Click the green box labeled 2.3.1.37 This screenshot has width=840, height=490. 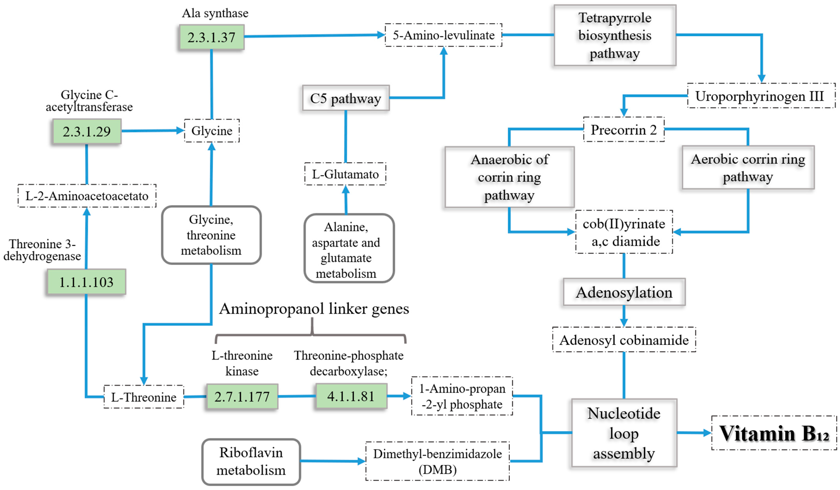coord(212,37)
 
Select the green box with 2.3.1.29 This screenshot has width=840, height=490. coord(87,131)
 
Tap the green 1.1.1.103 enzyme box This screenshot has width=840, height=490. coord(86,282)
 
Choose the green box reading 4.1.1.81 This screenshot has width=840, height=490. coord(351,396)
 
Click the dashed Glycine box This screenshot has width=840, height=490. coord(212,131)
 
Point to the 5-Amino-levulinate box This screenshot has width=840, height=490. coord(443,35)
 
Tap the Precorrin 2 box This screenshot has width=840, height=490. coord(624,129)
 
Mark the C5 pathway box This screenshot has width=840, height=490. coord(346,98)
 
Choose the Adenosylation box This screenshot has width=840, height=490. coord(624,292)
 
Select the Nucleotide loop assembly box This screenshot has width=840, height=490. coord(624,433)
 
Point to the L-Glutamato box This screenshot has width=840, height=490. coord(345,174)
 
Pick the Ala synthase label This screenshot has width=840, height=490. coord(215,13)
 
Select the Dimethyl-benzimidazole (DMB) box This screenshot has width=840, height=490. coord(437,461)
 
